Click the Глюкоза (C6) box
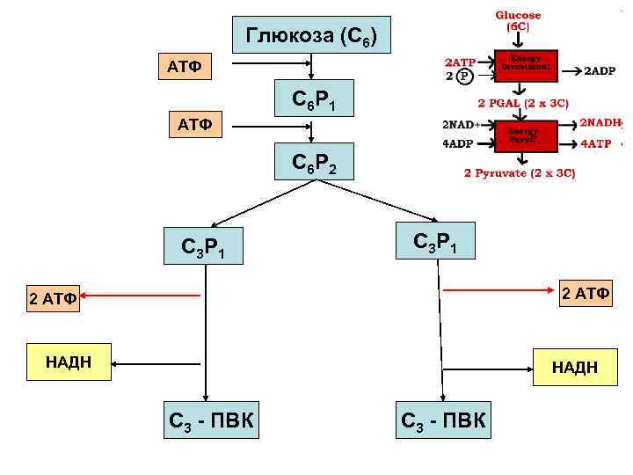pyautogui.click(x=311, y=37)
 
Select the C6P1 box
pyautogui.click(x=311, y=103)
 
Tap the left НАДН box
pyautogui.click(x=69, y=362)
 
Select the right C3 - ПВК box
pyautogui.click(x=444, y=421)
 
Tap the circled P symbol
pyautogui.click(x=464, y=76)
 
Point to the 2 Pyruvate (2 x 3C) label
pyautogui.click(x=520, y=173)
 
